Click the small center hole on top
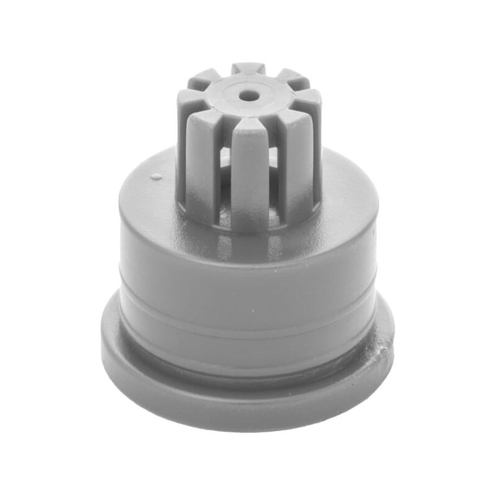(248, 95)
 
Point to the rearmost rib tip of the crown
(249, 68)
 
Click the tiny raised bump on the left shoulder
(156, 177)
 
